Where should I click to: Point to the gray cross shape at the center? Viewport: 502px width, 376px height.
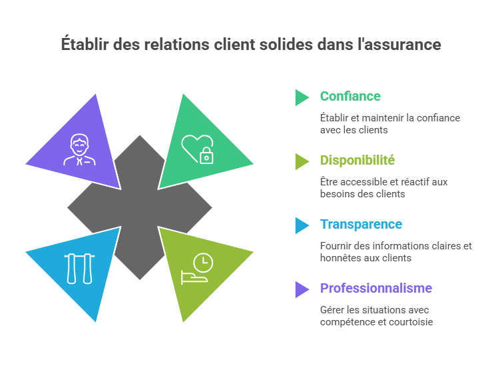140,207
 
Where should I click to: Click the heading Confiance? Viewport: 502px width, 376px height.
350,96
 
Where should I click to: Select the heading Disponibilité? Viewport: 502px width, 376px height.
357,160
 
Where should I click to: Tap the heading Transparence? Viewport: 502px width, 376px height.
361,224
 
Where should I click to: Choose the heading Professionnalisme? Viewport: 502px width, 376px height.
376,288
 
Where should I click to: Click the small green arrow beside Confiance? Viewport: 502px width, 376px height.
302,97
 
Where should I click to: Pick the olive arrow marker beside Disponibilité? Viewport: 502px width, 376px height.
302,161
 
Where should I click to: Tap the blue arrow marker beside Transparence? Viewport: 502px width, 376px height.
302,225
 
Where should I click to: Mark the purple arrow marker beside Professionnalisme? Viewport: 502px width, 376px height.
302,289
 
